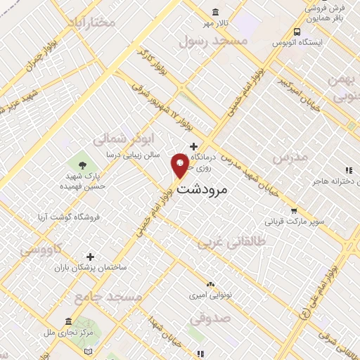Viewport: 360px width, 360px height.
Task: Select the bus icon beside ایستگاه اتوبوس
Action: click(297, 32)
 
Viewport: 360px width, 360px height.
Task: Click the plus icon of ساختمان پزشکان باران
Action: click(89, 257)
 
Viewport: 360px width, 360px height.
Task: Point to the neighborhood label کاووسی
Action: click(41, 248)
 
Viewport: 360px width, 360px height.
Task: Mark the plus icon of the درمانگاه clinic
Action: click(193, 146)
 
